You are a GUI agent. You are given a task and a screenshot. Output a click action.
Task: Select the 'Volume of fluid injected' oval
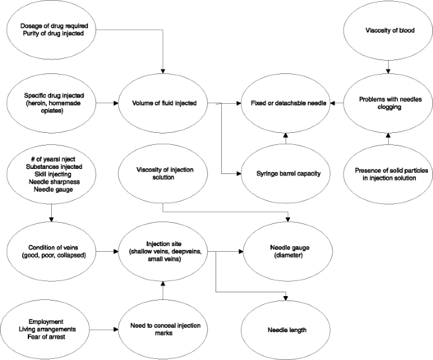pyautogui.click(x=164, y=101)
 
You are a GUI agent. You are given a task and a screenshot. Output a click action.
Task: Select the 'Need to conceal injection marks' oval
pyautogui.click(x=164, y=330)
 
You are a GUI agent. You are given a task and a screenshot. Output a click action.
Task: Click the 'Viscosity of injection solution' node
pyautogui.click(x=164, y=173)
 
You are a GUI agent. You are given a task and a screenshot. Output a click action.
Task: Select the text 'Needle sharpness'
pyautogui.click(x=50, y=179)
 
